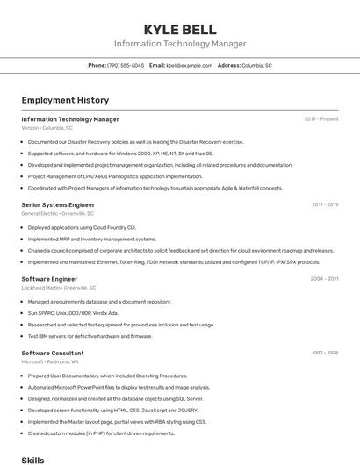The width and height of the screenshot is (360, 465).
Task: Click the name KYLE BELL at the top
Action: pyautogui.click(x=180, y=30)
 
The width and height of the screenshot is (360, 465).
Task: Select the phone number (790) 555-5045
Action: pyautogui.click(x=126, y=65)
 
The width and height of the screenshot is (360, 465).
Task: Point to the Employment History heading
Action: pyautogui.click(x=65, y=100)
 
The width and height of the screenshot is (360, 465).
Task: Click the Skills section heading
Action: pyautogui.click(x=32, y=459)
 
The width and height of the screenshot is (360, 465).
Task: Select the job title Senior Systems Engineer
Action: pyautogui.click(x=56, y=204)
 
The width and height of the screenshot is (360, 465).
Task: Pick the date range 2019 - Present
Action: pyautogui.click(x=320, y=119)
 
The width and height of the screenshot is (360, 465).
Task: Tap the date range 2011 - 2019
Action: pyautogui.click(x=324, y=204)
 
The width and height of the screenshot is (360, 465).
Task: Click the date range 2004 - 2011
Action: pyautogui.click(x=324, y=278)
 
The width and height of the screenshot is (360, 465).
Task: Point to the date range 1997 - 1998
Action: pyautogui.click(x=324, y=353)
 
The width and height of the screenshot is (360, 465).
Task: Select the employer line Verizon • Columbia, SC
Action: pyautogui.click(x=47, y=128)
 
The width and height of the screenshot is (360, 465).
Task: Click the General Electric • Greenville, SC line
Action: pyautogui.click(x=57, y=213)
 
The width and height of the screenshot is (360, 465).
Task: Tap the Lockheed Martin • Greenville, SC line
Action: pyautogui.click(x=59, y=287)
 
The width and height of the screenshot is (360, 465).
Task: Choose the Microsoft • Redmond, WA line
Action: pyautogui.click(x=50, y=361)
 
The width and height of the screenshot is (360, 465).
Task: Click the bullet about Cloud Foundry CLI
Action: pyautogui.click(x=82, y=227)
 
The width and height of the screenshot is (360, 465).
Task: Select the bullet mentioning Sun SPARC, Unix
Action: pyautogui.click(x=73, y=312)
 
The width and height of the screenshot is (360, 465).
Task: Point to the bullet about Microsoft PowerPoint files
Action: pyautogui.click(x=119, y=387)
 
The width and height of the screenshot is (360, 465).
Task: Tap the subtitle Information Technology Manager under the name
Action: pyautogui.click(x=180, y=44)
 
